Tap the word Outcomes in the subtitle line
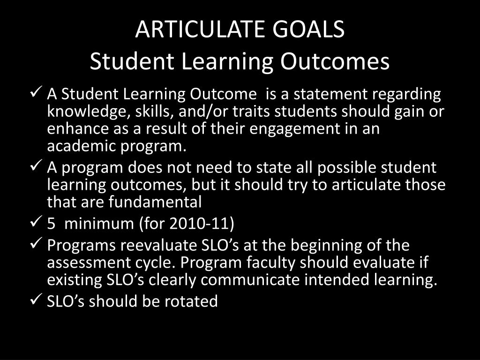pos(335,61)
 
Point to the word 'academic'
pos(81,146)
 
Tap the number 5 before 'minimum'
pos(51,224)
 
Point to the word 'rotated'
pos(191,301)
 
